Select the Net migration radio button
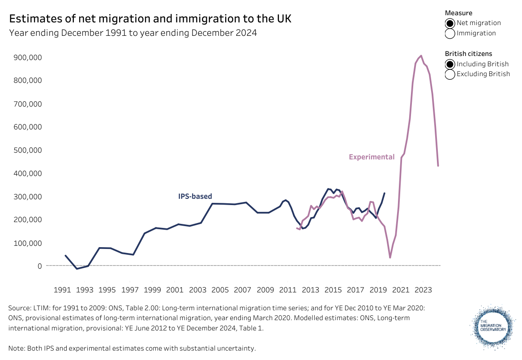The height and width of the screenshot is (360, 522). coord(450,23)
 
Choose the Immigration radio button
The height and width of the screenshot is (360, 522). coord(450,33)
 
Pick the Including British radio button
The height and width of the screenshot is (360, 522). coord(450,64)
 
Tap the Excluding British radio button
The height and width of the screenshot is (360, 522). coord(450,74)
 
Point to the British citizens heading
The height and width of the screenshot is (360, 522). coord(468,54)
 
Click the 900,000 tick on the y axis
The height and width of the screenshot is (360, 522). coord(27,57)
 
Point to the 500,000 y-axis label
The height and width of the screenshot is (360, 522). coord(27,150)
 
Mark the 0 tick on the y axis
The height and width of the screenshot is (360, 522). coord(40,266)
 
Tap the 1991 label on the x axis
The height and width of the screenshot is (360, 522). coord(63,290)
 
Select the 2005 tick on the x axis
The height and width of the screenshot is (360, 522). coord(220,290)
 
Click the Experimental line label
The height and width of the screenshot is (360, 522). coord(372,157)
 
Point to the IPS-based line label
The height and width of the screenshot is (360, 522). coord(195,196)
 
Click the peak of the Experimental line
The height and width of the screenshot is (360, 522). coord(421,56)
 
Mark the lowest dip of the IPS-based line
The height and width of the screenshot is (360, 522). coord(77,269)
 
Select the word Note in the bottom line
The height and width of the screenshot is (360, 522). coord(16,348)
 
